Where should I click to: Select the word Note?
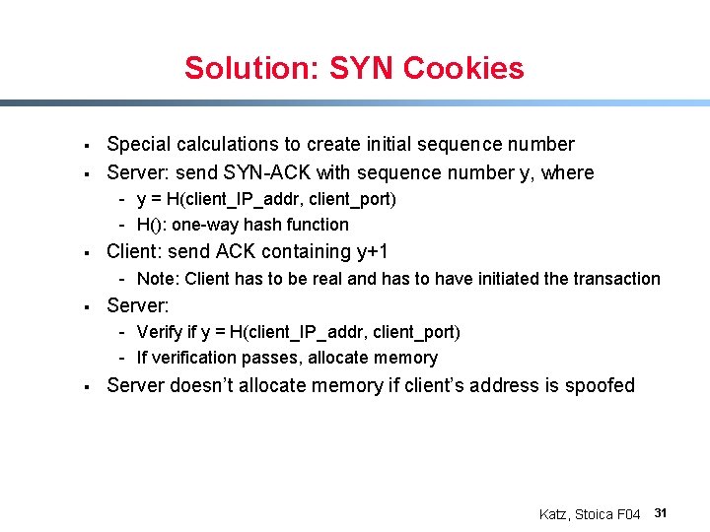click(158, 279)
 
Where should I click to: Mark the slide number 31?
click(662, 513)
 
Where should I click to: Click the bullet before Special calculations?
click(87, 146)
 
